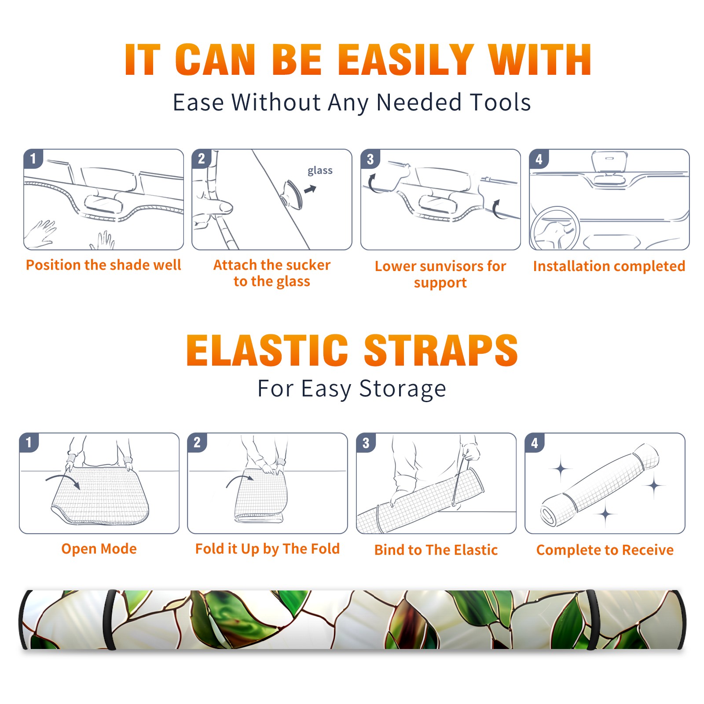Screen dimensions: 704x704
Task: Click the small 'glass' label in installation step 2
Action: [x=320, y=171]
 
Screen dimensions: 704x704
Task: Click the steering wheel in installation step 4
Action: [x=555, y=229]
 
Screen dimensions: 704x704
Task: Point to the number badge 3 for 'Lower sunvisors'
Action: [x=370, y=159]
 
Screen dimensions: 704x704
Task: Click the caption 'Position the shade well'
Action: [x=103, y=265]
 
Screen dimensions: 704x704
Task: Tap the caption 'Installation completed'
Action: [x=609, y=266]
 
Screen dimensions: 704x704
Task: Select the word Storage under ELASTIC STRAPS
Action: [x=403, y=389]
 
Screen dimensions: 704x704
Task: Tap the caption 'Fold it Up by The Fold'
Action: [x=268, y=549]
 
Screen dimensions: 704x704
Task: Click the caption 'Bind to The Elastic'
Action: [x=436, y=550]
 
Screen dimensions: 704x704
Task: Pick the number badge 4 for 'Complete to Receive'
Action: [x=535, y=443]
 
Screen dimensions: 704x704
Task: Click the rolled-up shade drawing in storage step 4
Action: [x=600, y=484]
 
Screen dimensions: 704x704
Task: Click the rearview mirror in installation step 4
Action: [x=610, y=161]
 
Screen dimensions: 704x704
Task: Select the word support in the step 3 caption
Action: [x=440, y=283]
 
